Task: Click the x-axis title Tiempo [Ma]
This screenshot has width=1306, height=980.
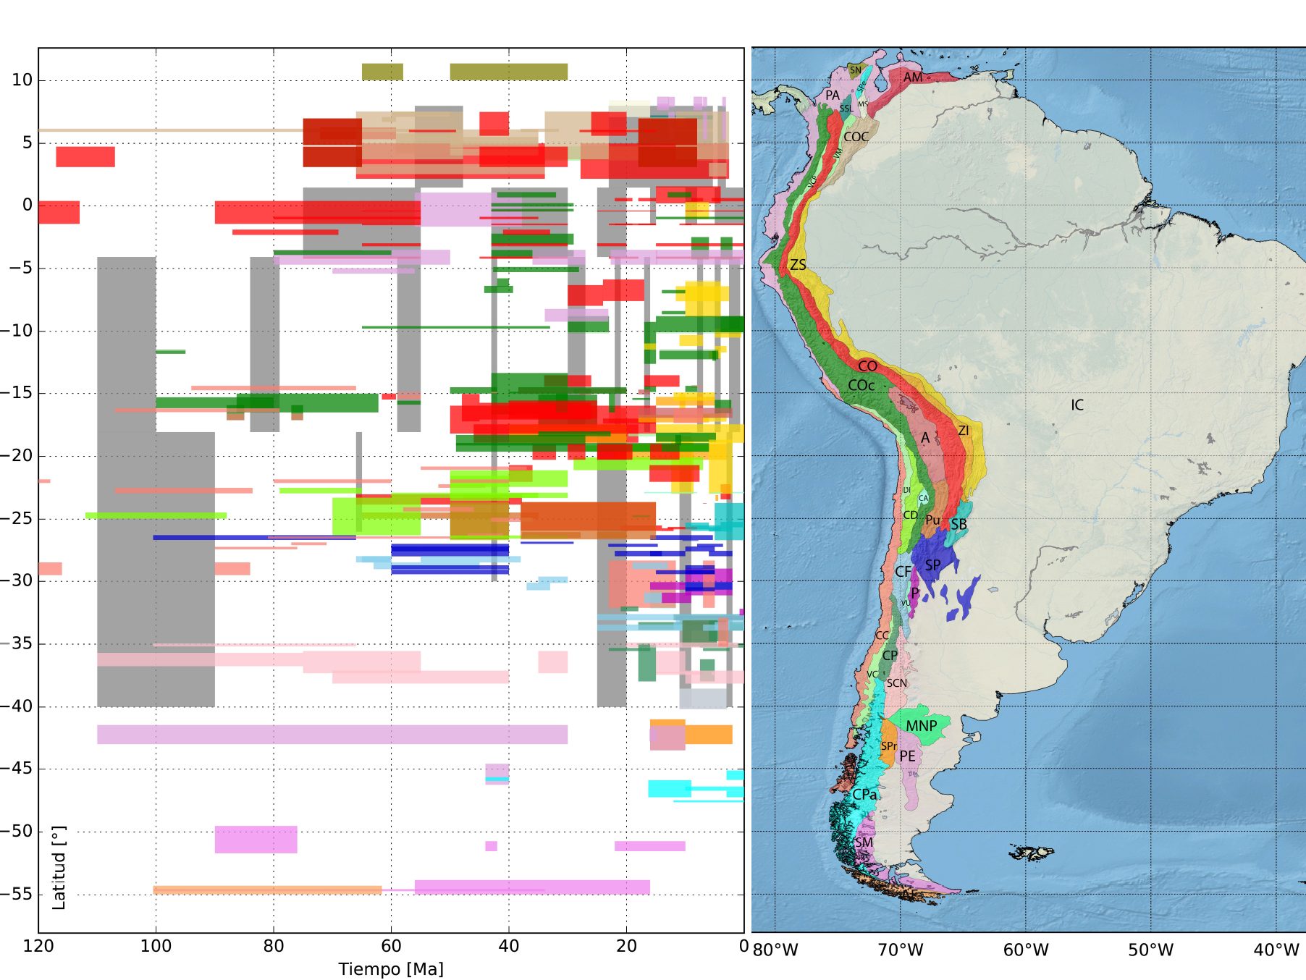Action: click(x=391, y=968)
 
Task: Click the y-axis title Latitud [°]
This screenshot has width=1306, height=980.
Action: click(x=59, y=867)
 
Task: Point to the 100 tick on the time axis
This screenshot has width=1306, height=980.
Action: click(x=156, y=946)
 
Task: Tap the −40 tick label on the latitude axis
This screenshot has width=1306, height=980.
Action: click(x=16, y=706)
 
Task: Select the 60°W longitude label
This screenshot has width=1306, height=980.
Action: click(x=1025, y=950)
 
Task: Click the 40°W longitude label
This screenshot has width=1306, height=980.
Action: click(x=1276, y=950)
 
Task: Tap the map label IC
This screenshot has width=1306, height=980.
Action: click(x=1077, y=405)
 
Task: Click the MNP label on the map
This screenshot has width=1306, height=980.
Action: click(x=922, y=726)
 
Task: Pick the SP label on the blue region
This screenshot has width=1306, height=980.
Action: click(x=933, y=565)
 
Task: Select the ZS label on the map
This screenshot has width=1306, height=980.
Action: click(x=798, y=265)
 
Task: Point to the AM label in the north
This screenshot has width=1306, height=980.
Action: click(x=913, y=77)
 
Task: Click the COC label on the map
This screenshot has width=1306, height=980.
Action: click(x=856, y=137)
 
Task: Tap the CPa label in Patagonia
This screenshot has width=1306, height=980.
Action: click(x=864, y=795)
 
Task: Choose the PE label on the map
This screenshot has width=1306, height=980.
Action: click(x=907, y=756)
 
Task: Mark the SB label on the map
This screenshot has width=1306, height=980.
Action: click(x=959, y=524)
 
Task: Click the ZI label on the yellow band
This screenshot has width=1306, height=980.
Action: click(x=964, y=431)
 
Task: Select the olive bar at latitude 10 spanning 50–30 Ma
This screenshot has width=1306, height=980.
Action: click(x=508, y=72)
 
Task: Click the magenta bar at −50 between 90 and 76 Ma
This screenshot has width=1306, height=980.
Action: click(x=256, y=839)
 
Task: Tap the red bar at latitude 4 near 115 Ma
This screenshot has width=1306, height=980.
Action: click(x=85, y=156)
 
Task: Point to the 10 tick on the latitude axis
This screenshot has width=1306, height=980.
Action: click(x=22, y=80)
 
